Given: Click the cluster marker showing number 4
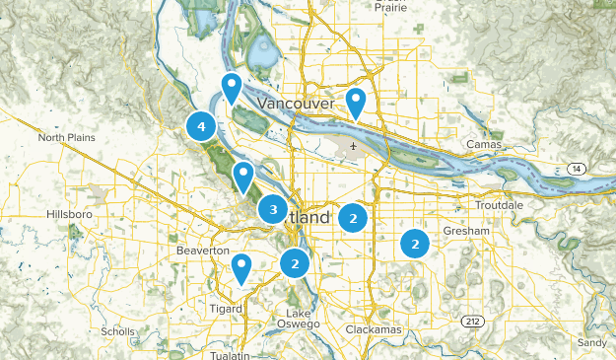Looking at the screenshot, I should (201, 126).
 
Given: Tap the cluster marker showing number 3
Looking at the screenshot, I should (273, 209).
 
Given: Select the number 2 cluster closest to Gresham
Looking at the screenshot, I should (415, 243).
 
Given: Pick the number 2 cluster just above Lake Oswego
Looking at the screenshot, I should (294, 263).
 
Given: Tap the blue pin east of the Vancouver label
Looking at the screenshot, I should (355, 101).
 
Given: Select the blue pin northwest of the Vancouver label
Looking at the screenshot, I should (232, 87).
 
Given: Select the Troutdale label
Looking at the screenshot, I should (493, 205).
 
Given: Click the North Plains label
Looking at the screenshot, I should (67, 137).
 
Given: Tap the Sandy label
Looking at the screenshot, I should (592, 342).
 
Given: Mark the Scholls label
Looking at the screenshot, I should (117, 332).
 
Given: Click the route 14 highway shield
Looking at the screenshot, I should (575, 170).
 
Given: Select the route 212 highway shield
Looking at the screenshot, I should (474, 322).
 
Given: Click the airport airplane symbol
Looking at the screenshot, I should (353, 147).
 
